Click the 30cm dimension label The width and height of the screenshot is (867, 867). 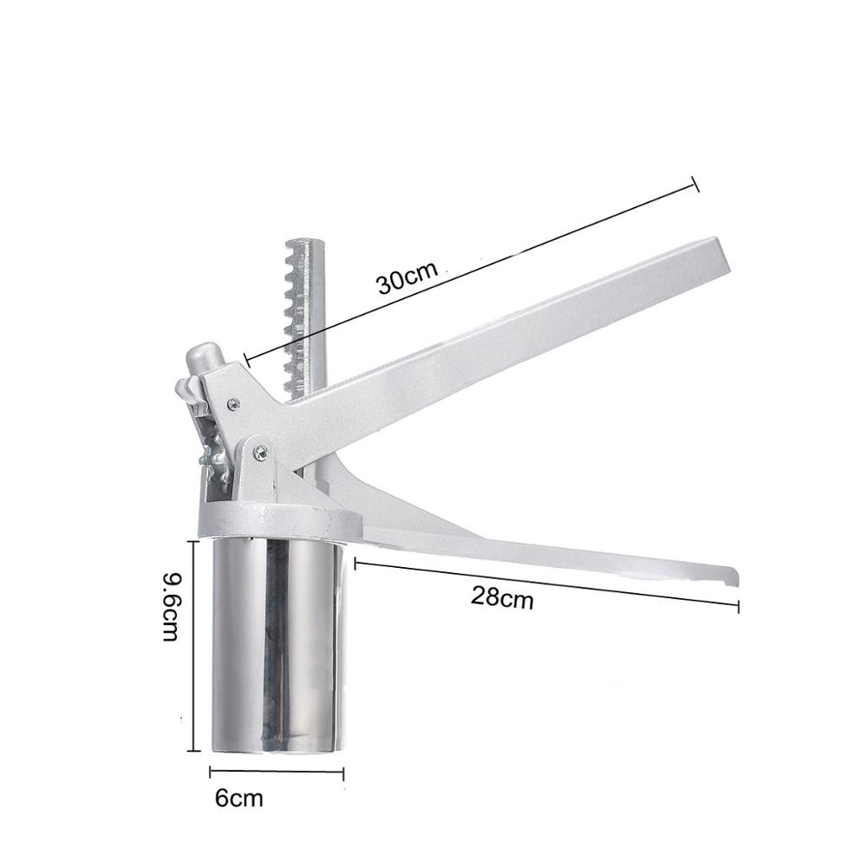[x=406, y=280]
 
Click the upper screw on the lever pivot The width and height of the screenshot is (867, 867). [x=233, y=401]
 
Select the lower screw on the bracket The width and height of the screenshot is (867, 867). [x=259, y=449]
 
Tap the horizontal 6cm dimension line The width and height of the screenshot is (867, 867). [x=277, y=771]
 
